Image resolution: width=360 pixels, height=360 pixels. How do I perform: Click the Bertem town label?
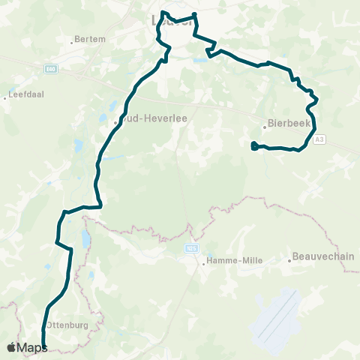pos(92,39)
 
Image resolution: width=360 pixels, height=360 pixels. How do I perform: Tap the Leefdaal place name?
pos(22,95)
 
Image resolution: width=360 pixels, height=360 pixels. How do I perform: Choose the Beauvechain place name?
pos(323,256)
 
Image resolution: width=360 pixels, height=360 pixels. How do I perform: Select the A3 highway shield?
pos(320,139)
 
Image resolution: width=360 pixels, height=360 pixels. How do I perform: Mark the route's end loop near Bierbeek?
pos(255,146)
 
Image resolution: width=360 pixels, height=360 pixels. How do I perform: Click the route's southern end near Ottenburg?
pos(43,347)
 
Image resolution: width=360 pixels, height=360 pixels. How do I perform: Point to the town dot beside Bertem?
pos(73,40)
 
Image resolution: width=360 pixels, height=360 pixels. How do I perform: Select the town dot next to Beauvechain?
pos(289,261)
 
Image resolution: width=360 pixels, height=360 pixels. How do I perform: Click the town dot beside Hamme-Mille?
pos(202,262)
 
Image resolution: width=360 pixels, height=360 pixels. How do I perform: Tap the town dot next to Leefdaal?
pos(4,98)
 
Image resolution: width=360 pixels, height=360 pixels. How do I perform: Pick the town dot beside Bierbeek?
pos(267,126)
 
